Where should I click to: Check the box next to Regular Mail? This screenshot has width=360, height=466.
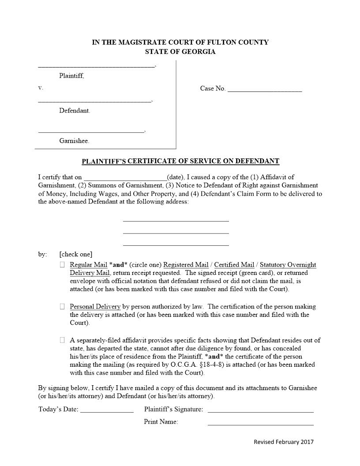(x=62, y=265)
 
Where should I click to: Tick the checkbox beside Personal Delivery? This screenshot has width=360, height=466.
(x=62, y=306)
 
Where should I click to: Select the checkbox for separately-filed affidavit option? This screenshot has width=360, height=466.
(x=62, y=340)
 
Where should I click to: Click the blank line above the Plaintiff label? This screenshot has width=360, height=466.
(x=97, y=66)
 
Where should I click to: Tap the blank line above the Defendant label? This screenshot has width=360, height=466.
(x=95, y=101)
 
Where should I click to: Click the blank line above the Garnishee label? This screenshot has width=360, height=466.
(x=91, y=132)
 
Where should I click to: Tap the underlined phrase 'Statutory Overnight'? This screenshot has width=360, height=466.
(x=288, y=265)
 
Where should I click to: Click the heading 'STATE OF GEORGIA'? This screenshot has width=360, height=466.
(x=180, y=52)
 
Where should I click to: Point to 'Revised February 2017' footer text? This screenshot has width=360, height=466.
(x=284, y=442)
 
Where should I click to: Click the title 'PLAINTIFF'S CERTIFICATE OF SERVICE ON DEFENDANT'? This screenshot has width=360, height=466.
(x=180, y=161)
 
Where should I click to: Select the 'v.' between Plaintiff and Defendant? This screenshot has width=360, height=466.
(x=41, y=88)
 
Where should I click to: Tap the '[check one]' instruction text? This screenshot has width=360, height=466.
(x=76, y=254)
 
